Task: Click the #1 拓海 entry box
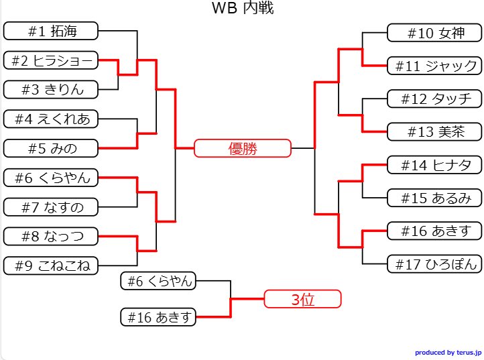point(51,31)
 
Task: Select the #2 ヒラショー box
point(51,60)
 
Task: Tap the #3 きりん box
point(51,89)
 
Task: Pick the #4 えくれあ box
point(51,119)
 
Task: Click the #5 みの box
point(51,148)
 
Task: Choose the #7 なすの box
point(51,207)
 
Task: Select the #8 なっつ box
point(51,236)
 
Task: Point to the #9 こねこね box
point(51,265)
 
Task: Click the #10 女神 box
point(434,33)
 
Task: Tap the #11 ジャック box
point(434,66)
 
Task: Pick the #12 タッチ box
point(434,99)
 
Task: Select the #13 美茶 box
point(434,131)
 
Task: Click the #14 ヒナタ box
point(434,165)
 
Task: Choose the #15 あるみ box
point(434,198)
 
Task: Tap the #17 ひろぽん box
point(434,263)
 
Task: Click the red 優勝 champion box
point(243,148)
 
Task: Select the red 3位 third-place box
point(303,299)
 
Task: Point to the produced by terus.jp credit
point(447,352)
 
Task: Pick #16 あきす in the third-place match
point(158,317)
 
